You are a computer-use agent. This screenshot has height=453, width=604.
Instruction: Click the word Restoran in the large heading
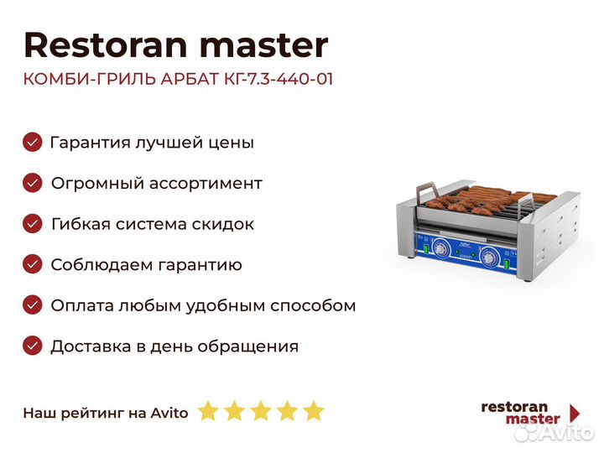[x=106, y=45]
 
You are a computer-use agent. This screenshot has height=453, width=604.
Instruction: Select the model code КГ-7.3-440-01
[x=279, y=79]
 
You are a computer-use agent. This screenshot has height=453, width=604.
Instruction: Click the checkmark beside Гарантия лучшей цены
[x=33, y=142]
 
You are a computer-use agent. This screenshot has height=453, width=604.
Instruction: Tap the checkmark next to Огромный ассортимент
[x=33, y=183]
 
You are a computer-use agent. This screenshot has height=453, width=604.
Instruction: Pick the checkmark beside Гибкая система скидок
[x=33, y=224]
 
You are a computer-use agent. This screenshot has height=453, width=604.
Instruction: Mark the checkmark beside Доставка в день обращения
[x=33, y=346]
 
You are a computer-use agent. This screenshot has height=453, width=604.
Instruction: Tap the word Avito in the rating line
[x=169, y=414]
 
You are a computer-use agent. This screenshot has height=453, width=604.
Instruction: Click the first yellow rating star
[x=208, y=411]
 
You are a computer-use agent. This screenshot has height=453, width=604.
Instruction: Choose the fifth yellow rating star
[x=314, y=411]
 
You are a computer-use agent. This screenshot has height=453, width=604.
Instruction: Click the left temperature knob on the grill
[x=440, y=248]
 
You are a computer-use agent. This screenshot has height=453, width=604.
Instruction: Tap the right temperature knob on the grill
[x=489, y=257]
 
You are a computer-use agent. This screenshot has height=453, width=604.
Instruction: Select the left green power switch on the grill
[x=426, y=248]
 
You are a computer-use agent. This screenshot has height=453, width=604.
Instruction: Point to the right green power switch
[x=507, y=264]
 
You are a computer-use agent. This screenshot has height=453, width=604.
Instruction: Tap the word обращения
[x=255, y=346]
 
